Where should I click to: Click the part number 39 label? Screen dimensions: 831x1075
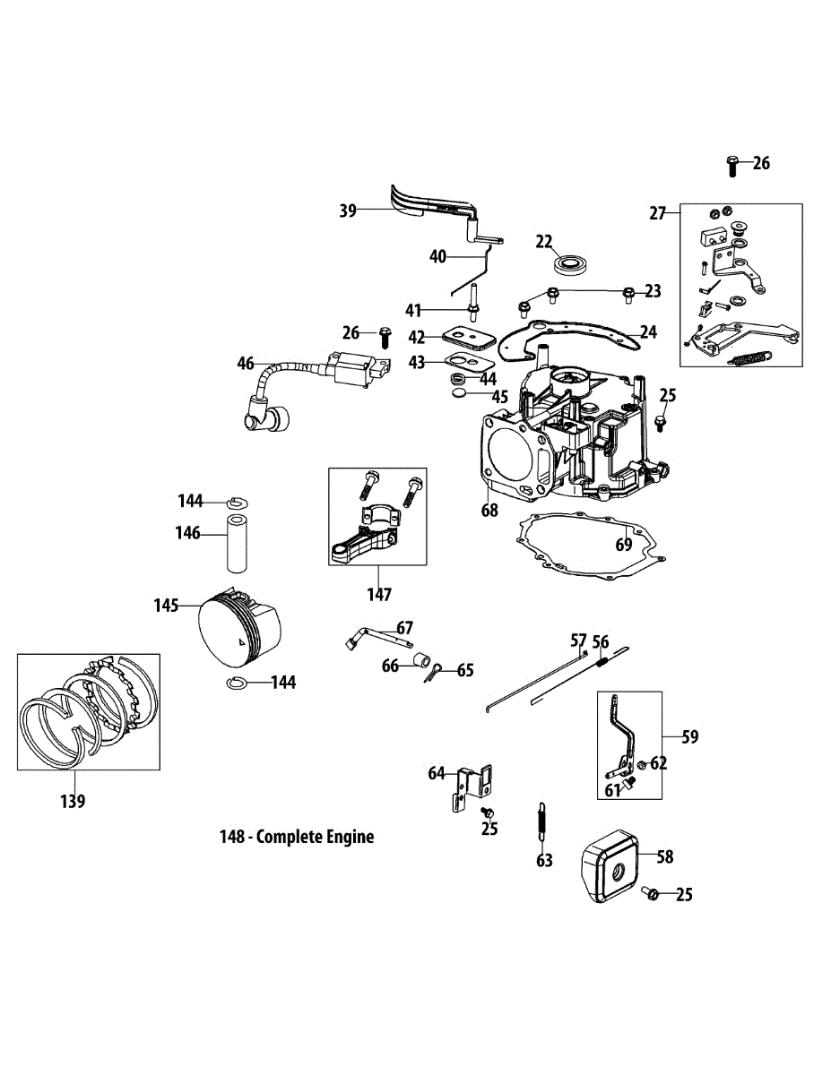click(348, 211)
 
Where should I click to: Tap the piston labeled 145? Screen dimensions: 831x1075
click(239, 627)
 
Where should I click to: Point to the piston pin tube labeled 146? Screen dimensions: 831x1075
click(237, 544)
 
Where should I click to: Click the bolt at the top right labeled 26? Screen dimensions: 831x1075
click(732, 167)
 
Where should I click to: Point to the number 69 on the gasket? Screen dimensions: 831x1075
click(624, 544)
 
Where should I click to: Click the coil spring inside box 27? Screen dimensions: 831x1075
click(749, 357)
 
